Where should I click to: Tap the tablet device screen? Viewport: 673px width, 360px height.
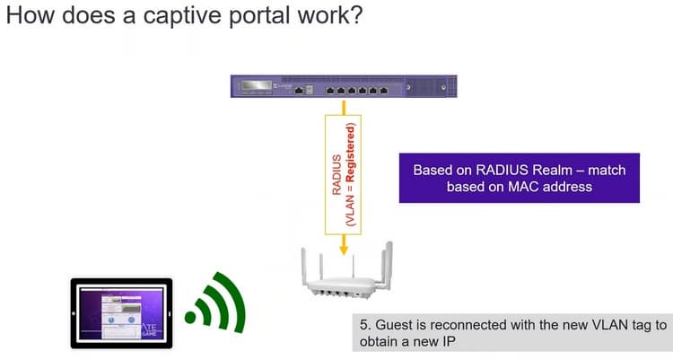pyautogui.click(x=121, y=313)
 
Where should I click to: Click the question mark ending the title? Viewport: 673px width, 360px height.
pyautogui.click(x=354, y=18)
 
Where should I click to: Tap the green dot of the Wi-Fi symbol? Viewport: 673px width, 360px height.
pyautogui.click(x=191, y=317)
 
